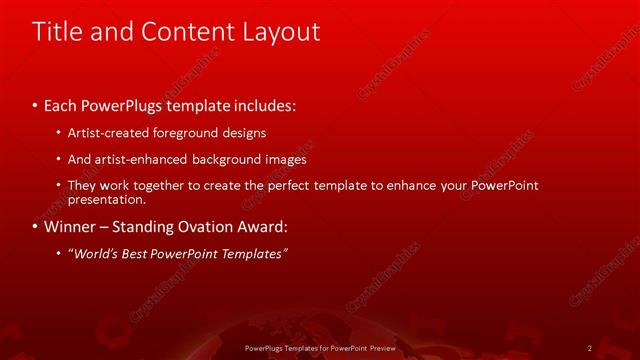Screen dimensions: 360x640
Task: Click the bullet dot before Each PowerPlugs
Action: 36,104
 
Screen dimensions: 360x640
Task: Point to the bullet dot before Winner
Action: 36,227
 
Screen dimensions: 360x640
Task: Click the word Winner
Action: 73,227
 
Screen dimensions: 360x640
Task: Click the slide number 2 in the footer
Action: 590,347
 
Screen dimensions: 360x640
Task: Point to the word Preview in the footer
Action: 379,347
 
